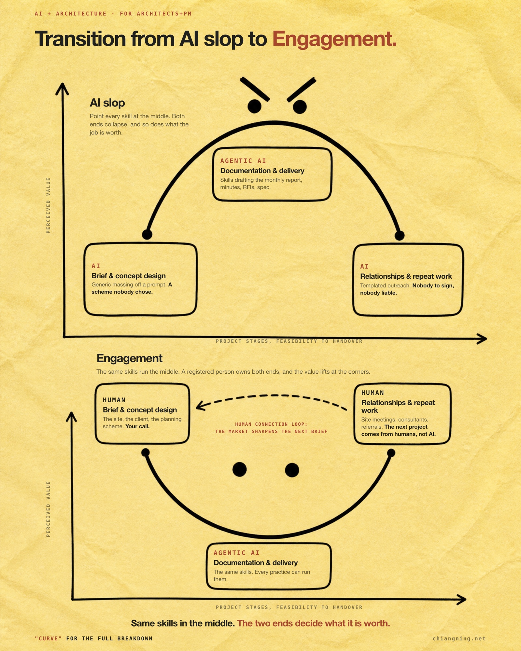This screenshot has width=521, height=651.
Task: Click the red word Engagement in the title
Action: click(x=334, y=39)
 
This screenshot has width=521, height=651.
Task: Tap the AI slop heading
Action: click(x=107, y=103)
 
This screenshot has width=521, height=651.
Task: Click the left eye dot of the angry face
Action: click(x=254, y=106)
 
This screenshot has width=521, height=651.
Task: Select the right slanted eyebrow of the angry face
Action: click(x=301, y=90)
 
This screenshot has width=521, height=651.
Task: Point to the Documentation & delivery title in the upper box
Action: click(x=262, y=171)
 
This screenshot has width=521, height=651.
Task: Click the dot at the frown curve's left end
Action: click(x=147, y=234)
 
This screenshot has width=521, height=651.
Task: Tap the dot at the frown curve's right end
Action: click(x=400, y=235)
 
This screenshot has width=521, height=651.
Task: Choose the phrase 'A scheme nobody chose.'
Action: click(x=132, y=288)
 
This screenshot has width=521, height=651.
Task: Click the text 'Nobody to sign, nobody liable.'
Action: click(x=407, y=289)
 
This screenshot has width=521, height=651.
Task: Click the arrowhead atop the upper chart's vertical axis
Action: click(x=62, y=89)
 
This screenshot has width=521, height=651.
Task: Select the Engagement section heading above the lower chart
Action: click(x=129, y=358)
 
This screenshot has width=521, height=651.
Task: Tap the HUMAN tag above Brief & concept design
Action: click(x=114, y=400)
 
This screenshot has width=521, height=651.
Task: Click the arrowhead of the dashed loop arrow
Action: click(x=200, y=406)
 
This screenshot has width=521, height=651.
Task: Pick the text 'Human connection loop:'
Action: click(x=271, y=424)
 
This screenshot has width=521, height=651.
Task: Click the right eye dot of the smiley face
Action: click(x=292, y=470)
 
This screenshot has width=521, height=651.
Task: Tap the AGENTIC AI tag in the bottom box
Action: click(x=236, y=553)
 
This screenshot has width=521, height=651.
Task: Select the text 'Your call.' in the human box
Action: click(x=137, y=426)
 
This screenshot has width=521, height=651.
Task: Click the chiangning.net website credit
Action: click(x=459, y=638)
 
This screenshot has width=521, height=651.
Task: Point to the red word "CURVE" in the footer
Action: click(x=48, y=638)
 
